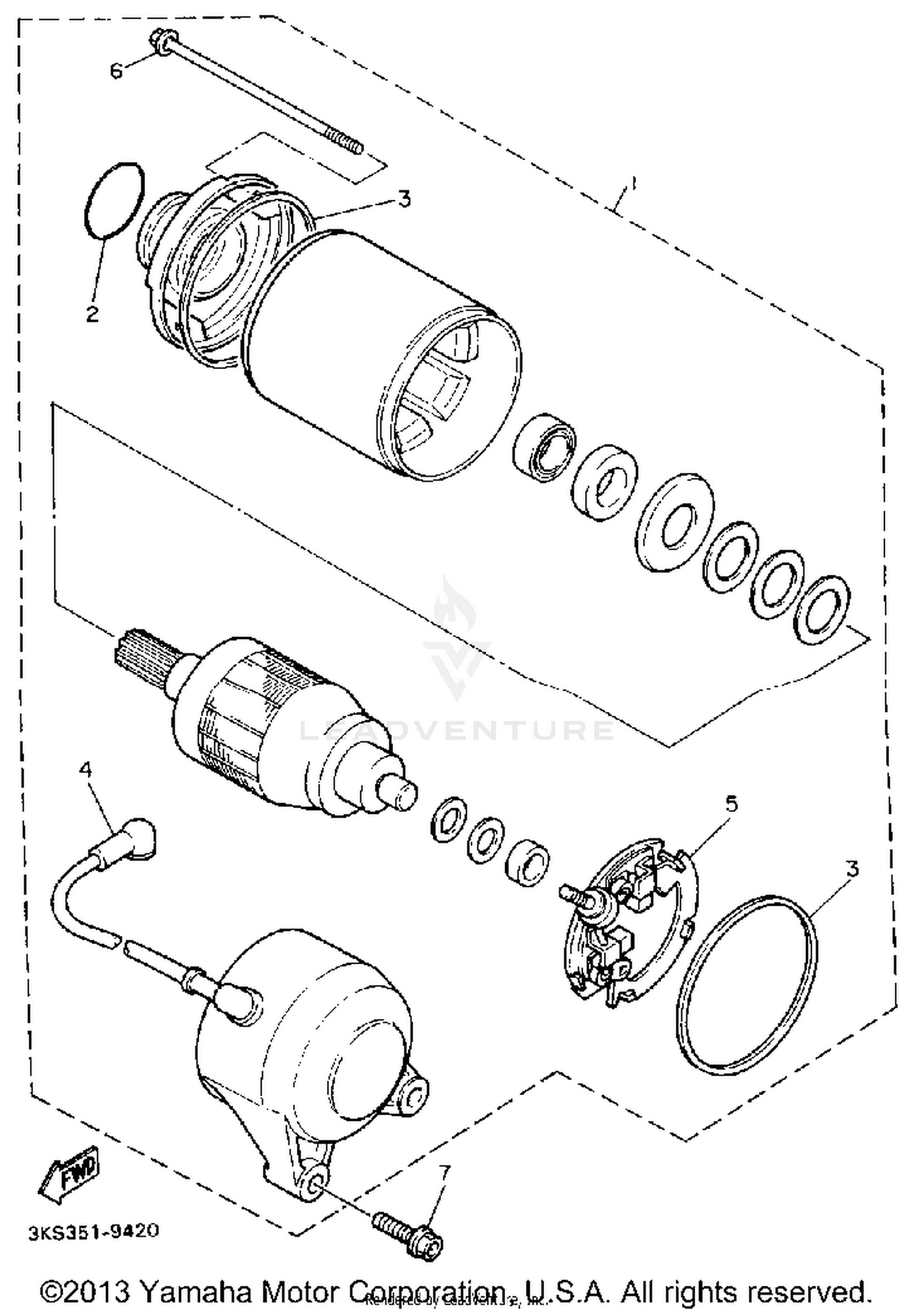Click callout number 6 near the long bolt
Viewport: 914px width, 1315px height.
point(116,71)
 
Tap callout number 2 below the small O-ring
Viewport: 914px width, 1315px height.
point(92,314)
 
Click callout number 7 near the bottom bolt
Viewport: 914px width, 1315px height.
point(444,1170)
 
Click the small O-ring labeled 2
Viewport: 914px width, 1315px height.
point(114,199)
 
